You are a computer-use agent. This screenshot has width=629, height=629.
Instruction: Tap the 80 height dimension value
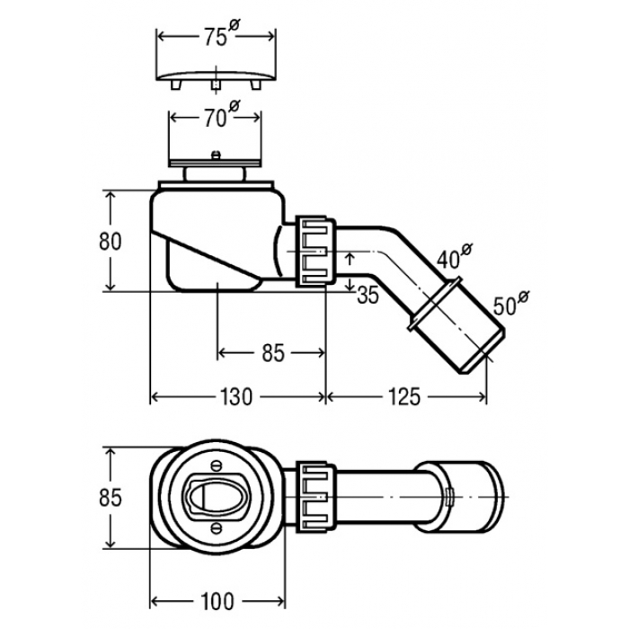[110, 242]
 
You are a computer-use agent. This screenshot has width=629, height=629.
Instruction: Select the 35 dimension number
[368, 296]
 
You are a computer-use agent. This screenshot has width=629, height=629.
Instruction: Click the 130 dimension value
[236, 397]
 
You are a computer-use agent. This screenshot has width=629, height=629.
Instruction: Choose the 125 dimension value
[404, 397]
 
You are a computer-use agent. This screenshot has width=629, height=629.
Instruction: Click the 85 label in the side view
[273, 353]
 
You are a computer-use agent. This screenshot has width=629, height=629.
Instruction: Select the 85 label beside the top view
[110, 498]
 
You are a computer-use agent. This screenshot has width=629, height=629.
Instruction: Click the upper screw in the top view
[217, 465]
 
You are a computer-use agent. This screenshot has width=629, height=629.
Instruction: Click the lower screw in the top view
[217, 528]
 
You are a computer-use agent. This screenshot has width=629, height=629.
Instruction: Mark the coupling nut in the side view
[315, 252]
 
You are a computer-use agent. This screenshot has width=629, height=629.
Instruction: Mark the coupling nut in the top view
[315, 497]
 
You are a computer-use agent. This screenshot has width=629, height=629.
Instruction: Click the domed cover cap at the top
[217, 79]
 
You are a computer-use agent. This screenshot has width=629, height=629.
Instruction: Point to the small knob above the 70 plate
[216, 155]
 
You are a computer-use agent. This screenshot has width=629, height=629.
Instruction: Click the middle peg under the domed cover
[217, 85]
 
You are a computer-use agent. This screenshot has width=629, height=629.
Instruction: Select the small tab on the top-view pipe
[449, 498]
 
